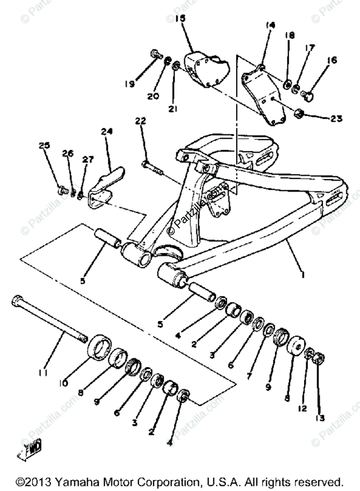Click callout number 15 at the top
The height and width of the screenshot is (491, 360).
pyautogui.click(x=180, y=18)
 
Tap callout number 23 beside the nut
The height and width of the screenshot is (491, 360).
pyautogui.click(x=336, y=119)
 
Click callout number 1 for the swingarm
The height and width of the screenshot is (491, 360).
pyautogui.click(x=303, y=275)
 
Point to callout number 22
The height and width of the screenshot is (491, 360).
pyautogui.click(x=140, y=121)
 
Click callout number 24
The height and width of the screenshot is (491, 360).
pyautogui.click(x=107, y=131)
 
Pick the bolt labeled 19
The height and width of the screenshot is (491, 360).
pyautogui.click(x=155, y=54)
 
